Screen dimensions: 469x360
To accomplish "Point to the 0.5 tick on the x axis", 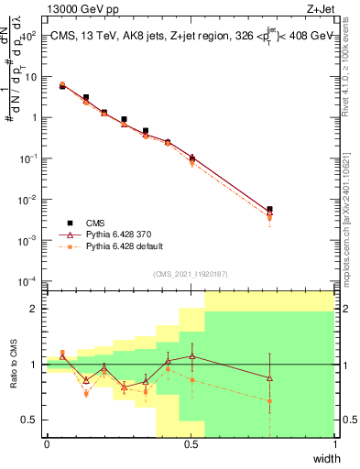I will (x=191, y=443).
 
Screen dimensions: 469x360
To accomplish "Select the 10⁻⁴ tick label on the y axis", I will (x=27, y=280).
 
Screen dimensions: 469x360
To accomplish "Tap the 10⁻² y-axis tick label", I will (x=27, y=199).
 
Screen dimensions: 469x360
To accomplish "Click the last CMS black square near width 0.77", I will (x=269, y=210).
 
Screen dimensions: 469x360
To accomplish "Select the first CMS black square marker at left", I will (x=62, y=86).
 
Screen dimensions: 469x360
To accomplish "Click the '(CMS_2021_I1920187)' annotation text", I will (x=191, y=272).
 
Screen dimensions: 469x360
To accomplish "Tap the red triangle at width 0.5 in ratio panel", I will (x=191, y=355).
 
